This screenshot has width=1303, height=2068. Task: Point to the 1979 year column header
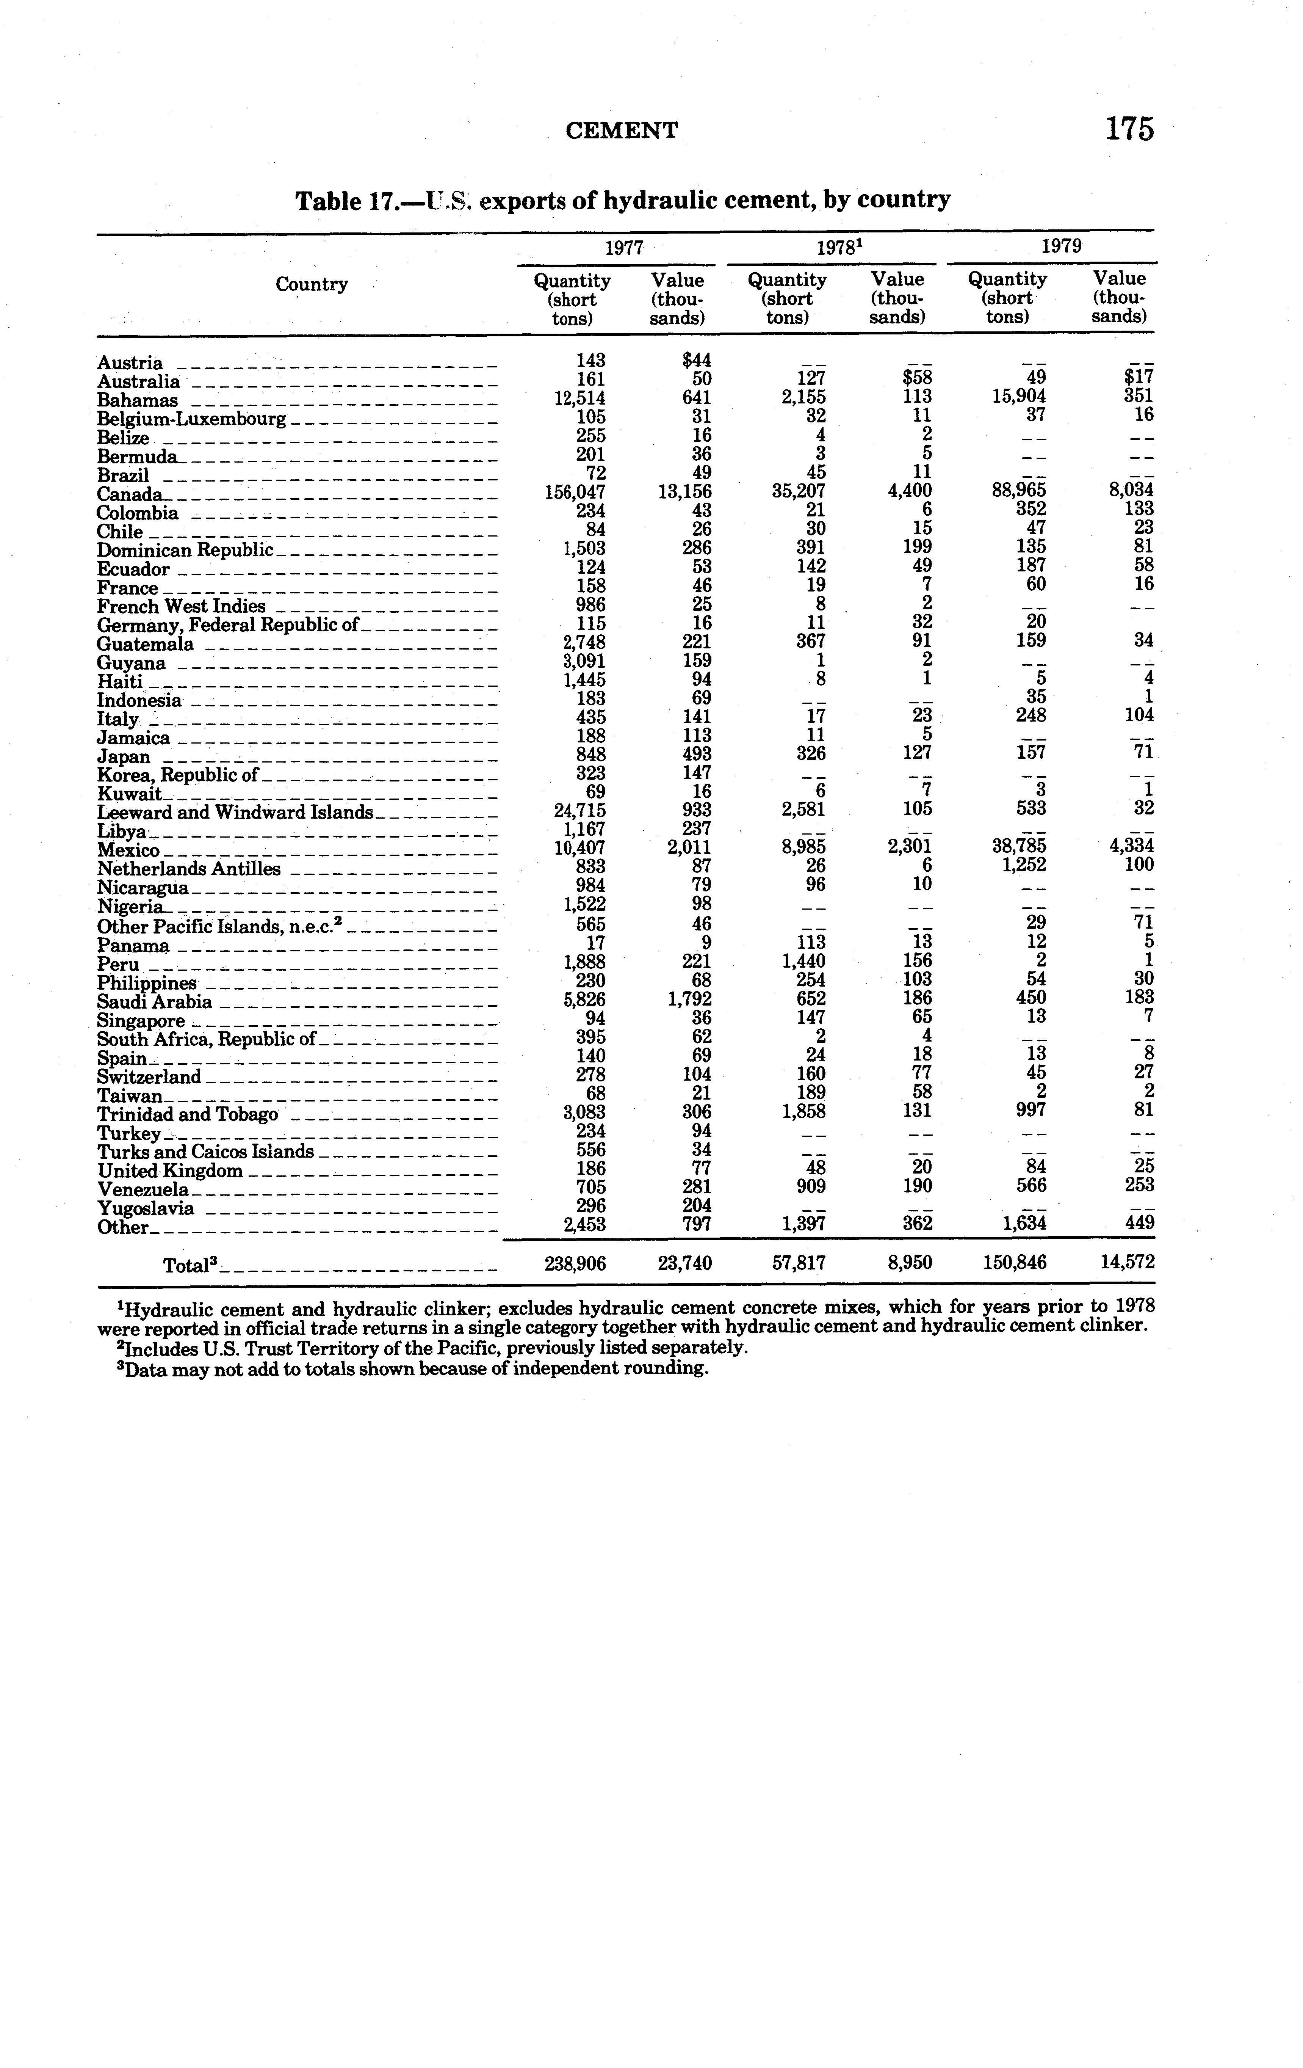(1061, 246)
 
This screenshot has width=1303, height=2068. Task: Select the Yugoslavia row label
(145, 1209)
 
